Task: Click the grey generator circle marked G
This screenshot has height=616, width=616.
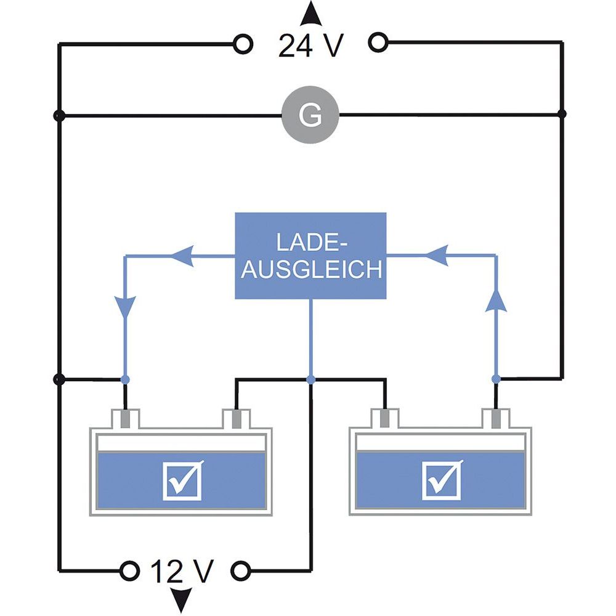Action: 310,115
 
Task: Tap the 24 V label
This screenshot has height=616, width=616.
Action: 310,46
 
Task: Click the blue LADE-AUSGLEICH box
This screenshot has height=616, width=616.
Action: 310,256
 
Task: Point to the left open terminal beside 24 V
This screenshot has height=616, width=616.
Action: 243,44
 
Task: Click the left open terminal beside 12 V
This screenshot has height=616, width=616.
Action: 129,570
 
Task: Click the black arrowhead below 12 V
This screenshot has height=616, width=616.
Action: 181,600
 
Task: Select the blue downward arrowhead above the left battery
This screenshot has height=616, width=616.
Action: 126,305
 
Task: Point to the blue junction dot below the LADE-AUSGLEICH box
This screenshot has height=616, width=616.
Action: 310,379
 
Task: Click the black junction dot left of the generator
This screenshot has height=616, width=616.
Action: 59,115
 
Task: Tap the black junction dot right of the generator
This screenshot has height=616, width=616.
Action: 561,114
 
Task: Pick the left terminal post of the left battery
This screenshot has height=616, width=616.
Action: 125,419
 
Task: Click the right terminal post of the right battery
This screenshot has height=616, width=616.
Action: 495,419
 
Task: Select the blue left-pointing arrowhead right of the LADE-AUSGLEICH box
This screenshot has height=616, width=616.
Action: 435,254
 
